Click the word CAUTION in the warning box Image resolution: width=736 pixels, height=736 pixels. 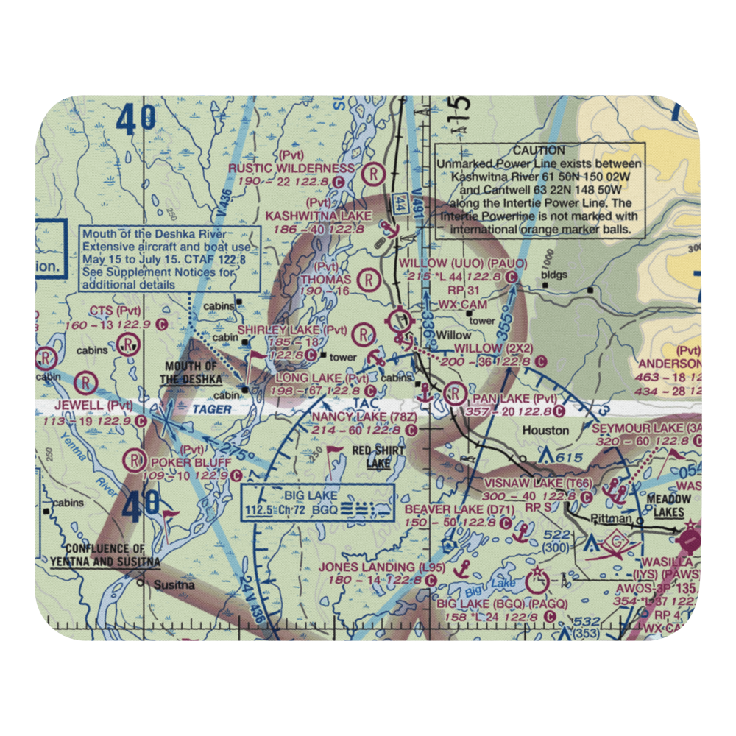click(x=539, y=150)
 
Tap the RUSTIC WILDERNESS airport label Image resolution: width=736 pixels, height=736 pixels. click(x=291, y=169)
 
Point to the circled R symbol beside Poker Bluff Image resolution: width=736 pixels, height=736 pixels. click(x=135, y=460)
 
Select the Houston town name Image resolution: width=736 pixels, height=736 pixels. click(x=545, y=430)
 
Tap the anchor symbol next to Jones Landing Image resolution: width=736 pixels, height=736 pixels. click(x=463, y=567)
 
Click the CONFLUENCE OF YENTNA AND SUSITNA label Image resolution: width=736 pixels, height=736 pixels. click(x=106, y=555)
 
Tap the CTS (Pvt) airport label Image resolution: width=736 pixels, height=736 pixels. click(x=115, y=311)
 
